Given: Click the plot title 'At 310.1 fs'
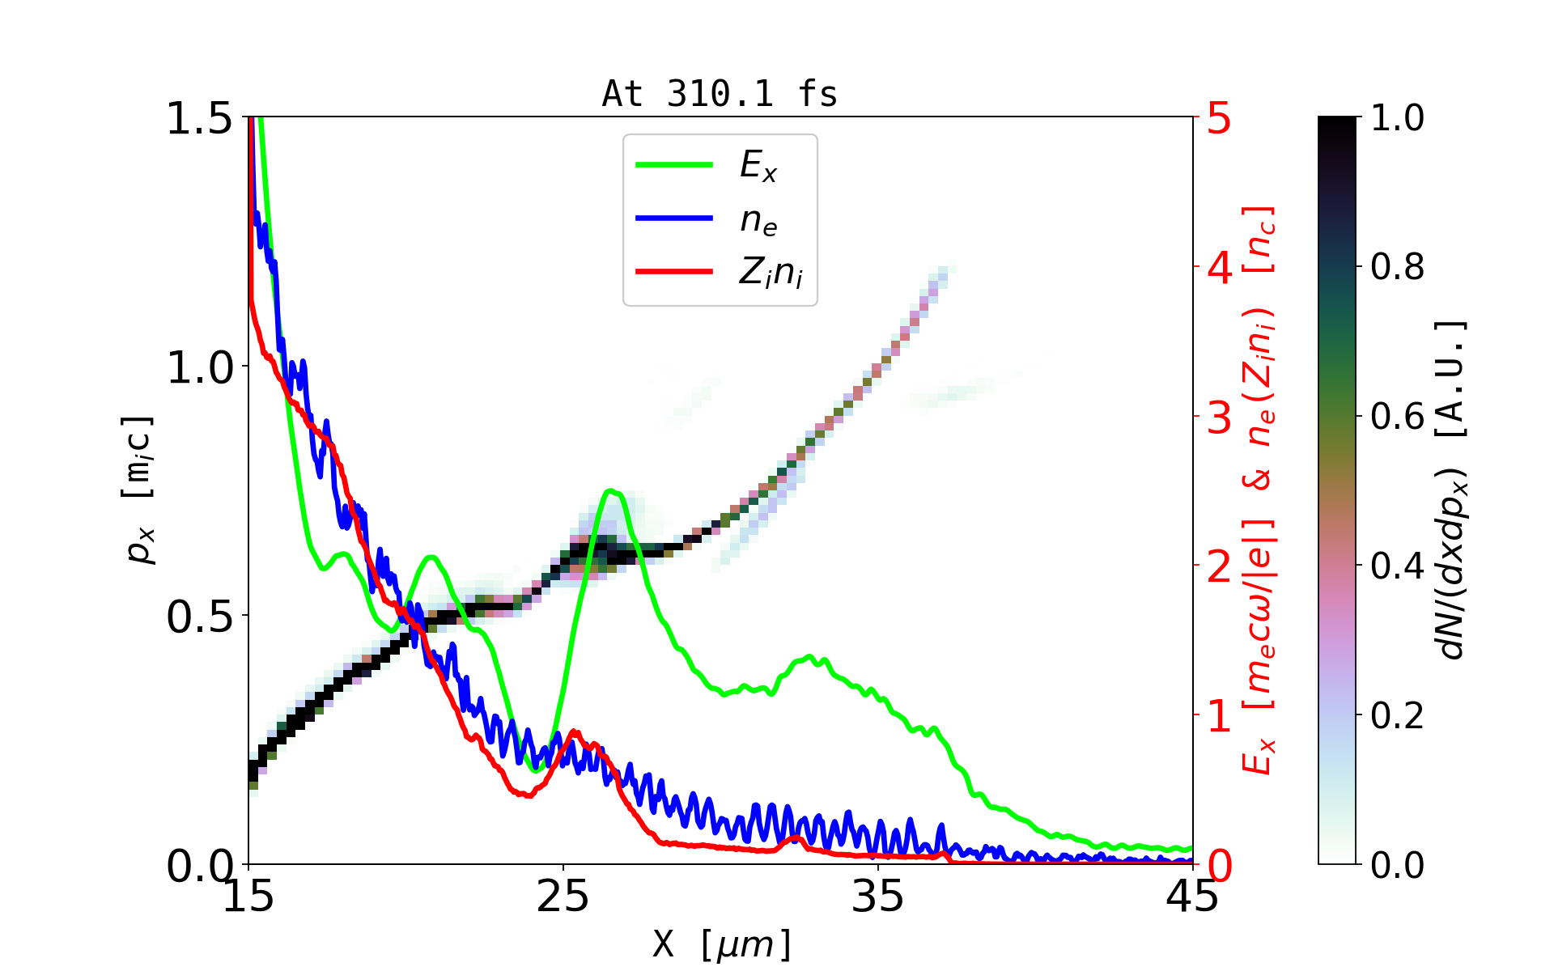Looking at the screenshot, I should [x=720, y=95].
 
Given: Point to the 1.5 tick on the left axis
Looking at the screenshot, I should [x=199, y=118].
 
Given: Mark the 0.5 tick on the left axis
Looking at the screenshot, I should [x=199, y=617].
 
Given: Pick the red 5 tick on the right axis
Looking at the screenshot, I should [x=1219, y=118].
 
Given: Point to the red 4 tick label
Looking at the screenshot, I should [x=1219, y=267].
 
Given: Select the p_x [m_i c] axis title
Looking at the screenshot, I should [x=139, y=490].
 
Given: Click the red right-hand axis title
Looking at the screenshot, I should [x=1259, y=490].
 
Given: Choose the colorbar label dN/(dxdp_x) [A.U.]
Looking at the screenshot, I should [x=1452, y=490].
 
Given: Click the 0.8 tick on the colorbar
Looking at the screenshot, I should [x=1397, y=266].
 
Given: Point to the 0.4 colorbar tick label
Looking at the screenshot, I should [x=1397, y=566].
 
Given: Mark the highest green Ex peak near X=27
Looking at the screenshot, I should [x=611, y=490].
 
